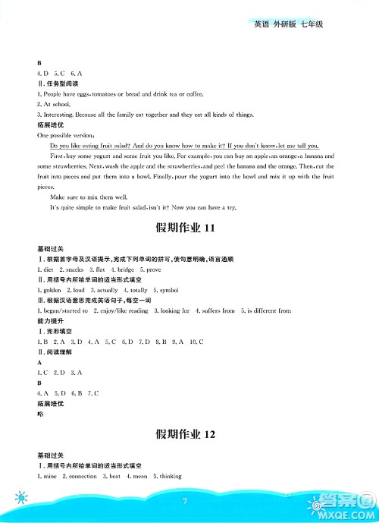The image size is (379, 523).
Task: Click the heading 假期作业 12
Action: click(189, 434)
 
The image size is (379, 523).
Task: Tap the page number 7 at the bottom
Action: click(184, 501)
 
